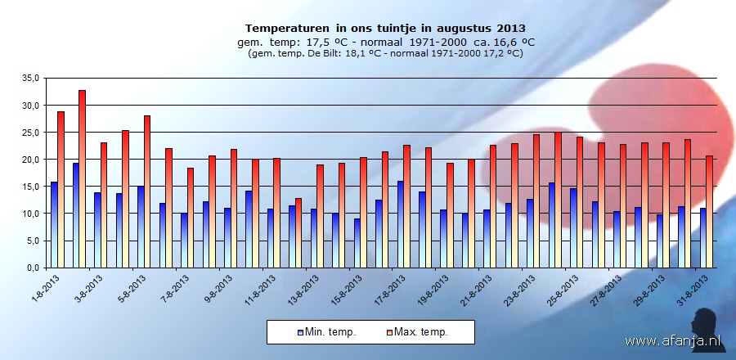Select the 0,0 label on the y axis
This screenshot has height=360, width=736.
click(x=32, y=268)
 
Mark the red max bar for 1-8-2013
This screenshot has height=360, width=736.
click(x=61, y=189)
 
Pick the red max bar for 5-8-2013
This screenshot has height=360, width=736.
click(x=147, y=191)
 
